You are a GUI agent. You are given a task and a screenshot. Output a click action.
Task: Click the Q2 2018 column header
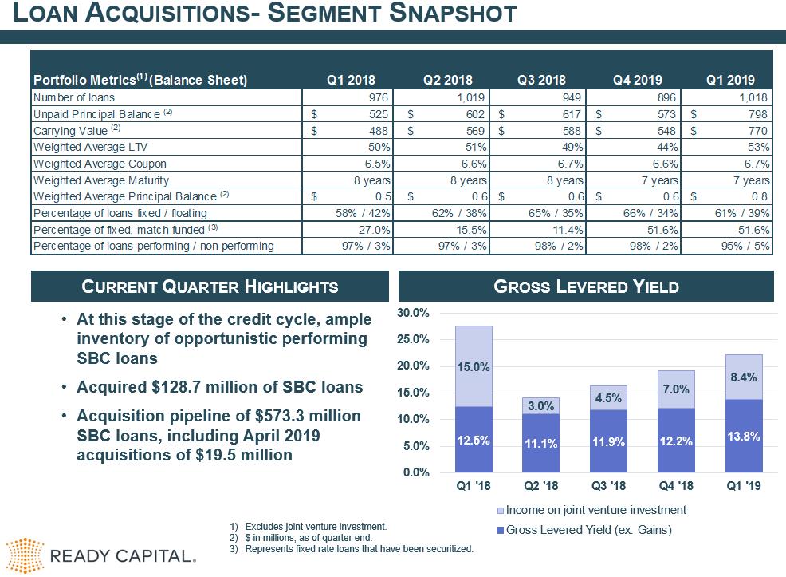tap(448, 80)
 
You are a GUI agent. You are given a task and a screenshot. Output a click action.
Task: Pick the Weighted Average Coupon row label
tap(100, 164)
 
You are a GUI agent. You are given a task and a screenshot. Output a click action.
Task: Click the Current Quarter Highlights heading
tap(210, 287)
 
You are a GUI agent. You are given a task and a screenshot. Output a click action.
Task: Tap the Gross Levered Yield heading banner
tap(586, 287)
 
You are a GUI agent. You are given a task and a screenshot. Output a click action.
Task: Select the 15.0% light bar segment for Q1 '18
tap(474, 366)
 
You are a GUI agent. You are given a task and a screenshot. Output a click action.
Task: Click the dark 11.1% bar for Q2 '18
tap(540, 443)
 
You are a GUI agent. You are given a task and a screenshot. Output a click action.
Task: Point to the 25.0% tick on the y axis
tap(414, 339)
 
